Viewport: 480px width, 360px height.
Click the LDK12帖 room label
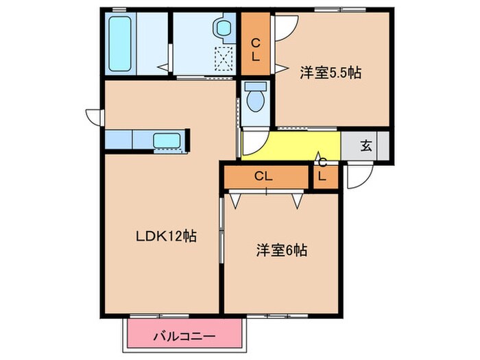(165, 236)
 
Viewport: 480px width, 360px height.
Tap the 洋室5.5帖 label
(330, 72)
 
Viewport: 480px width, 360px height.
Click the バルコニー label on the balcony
(184, 337)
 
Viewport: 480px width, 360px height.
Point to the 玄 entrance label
(366, 145)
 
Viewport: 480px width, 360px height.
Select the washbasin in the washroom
(223, 29)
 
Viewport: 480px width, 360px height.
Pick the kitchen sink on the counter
(167, 141)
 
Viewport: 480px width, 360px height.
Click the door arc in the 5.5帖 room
(285, 26)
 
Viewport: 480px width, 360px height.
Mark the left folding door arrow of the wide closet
(237, 200)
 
